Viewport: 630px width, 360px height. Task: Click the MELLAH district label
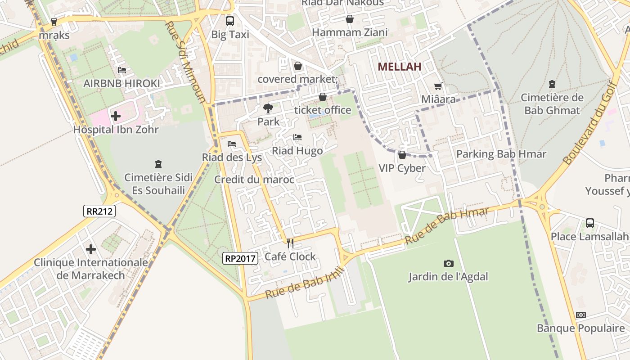click(x=399, y=67)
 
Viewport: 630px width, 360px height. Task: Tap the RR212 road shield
click(x=99, y=211)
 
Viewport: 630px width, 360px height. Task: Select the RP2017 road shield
click(x=240, y=258)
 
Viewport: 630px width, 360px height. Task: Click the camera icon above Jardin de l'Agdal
click(x=448, y=263)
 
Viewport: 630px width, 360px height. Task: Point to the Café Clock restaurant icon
click(x=290, y=243)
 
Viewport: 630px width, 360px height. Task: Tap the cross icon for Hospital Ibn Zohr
click(x=116, y=116)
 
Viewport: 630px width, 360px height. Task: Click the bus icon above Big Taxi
click(x=230, y=21)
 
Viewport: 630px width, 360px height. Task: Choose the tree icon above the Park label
click(x=268, y=108)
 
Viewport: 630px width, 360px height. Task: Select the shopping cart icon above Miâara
click(x=438, y=86)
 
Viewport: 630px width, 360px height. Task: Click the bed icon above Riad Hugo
click(x=297, y=137)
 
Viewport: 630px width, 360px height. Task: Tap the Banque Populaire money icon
click(x=581, y=315)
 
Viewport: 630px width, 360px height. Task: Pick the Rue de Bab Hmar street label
click(x=446, y=226)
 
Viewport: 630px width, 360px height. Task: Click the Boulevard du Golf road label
click(x=590, y=122)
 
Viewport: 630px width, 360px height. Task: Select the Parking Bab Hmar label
click(x=501, y=154)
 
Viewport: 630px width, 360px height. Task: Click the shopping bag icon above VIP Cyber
click(x=402, y=155)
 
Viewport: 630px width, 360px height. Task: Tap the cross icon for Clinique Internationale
click(x=91, y=249)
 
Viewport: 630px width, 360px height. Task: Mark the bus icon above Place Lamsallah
click(x=589, y=223)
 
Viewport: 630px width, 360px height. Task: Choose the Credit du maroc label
click(x=254, y=180)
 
